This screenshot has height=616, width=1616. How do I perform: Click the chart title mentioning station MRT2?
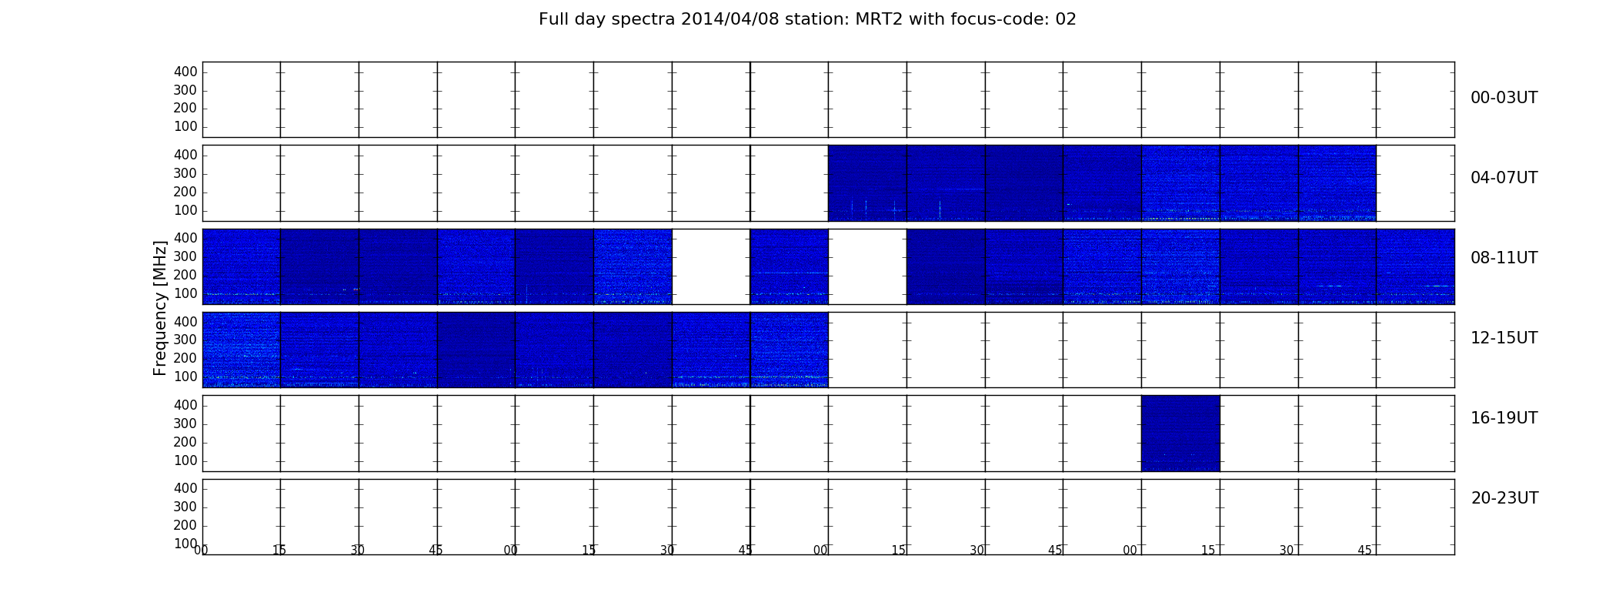pyautogui.click(x=807, y=19)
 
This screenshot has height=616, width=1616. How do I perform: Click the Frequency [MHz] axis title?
pyautogui.click(x=160, y=308)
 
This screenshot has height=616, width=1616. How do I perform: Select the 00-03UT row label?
pyautogui.click(x=1504, y=98)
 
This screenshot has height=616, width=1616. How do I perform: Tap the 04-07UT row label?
pyautogui.click(x=1504, y=178)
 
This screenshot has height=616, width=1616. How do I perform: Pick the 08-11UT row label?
pyautogui.click(x=1504, y=258)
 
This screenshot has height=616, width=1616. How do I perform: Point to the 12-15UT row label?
pyautogui.click(x=1504, y=338)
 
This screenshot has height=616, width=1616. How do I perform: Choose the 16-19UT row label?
pyautogui.click(x=1504, y=418)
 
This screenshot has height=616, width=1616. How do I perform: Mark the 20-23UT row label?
pyautogui.click(x=1504, y=498)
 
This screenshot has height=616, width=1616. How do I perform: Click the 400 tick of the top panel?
pyautogui.click(x=185, y=72)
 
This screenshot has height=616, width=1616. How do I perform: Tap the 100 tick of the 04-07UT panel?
pyautogui.click(x=185, y=210)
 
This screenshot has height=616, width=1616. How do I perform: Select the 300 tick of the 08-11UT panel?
pyautogui.click(x=185, y=256)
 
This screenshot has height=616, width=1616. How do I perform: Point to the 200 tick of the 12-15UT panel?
pyautogui.click(x=185, y=358)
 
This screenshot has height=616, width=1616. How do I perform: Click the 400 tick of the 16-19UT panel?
pyautogui.click(x=185, y=405)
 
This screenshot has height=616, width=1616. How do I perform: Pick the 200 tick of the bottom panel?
pyautogui.click(x=185, y=525)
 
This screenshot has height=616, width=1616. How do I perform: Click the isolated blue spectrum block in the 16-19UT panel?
pyautogui.click(x=1180, y=433)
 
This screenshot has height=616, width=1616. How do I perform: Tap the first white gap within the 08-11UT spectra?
pyautogui.click(x=711, y=266)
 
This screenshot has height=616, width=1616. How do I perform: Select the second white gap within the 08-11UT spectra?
pyautogui.click(x=867, y=266)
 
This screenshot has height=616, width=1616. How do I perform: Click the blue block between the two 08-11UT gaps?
pyautogui.click(x=789, y=266)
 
